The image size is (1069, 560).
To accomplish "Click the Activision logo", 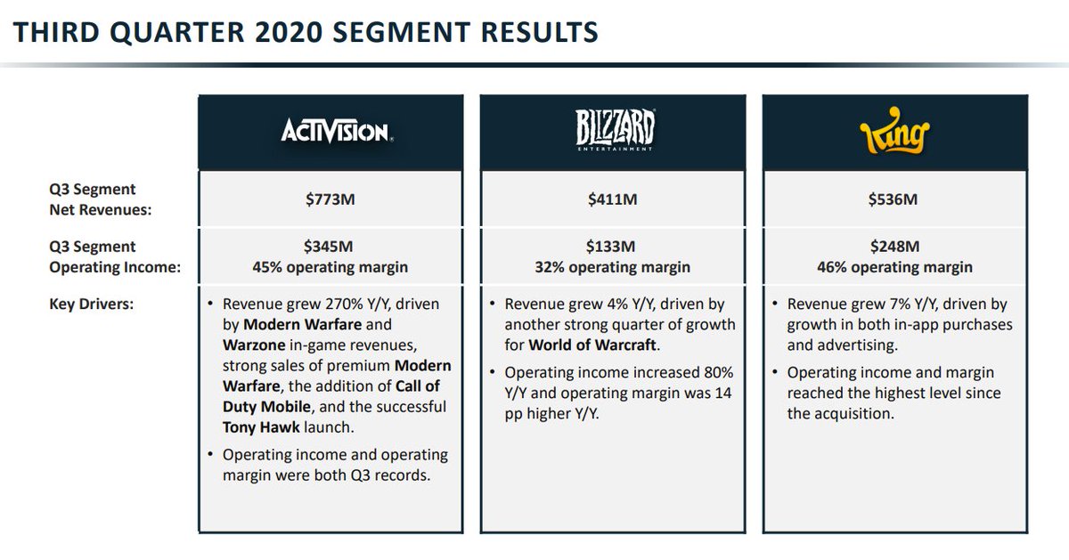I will [336, 133].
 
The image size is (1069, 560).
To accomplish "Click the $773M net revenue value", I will [330, 199].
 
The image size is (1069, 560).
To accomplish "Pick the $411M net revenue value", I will [612, 199].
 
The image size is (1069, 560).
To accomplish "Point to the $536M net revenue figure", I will [894, 199].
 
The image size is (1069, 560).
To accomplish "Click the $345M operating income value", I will [330, 247].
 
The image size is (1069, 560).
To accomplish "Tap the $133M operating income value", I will [612, 247].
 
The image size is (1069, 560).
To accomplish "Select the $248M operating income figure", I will [894, 247].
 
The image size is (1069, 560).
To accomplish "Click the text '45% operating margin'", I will [330, 267].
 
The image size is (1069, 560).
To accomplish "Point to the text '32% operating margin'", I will [612, 267].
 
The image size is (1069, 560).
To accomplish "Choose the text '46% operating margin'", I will [894, 267].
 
